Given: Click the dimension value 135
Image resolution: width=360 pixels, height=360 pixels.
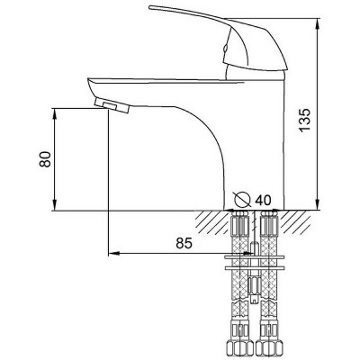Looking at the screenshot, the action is (304, 120).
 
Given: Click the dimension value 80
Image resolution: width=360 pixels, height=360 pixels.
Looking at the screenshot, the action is (45, 159).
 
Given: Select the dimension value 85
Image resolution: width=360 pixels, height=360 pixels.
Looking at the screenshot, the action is (184, 243).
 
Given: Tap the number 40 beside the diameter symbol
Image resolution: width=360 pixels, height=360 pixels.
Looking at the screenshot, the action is (263, 200).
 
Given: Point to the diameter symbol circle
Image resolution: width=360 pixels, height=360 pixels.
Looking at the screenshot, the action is (242, 199).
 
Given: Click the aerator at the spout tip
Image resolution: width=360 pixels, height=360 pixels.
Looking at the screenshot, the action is (112, 105).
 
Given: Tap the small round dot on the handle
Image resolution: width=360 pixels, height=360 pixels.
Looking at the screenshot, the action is (224, 48).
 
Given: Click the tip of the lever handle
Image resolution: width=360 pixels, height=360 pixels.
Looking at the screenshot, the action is (149, 7).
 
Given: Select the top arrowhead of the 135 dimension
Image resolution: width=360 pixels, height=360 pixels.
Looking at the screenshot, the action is (318, 23).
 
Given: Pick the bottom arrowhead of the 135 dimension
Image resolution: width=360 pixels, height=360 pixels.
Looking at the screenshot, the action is (318, 205).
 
